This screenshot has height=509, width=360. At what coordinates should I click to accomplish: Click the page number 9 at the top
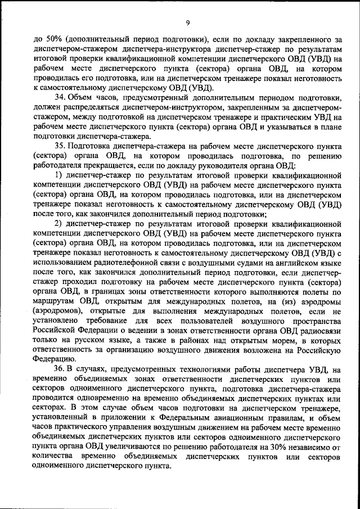(x=187, y=22)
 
